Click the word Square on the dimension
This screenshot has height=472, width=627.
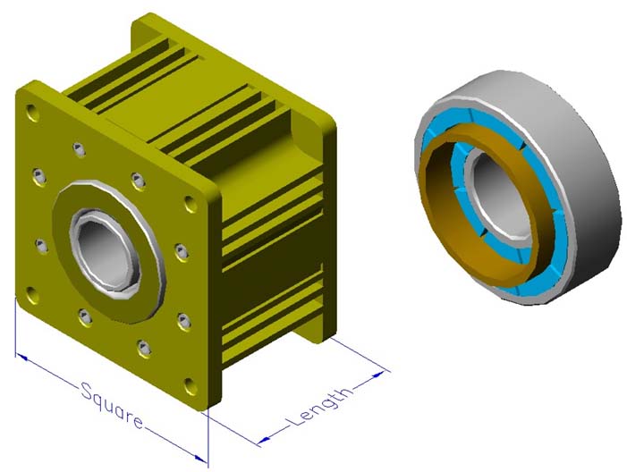click(x=112, y=405)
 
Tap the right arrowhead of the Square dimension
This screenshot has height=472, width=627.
click(x=201, y=459)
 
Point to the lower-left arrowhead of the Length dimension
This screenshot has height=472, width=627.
click(x=263, y=441)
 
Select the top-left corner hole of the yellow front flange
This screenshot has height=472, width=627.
click(x=32, y=113)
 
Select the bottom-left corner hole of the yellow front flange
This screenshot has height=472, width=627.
click(x=32, y=295)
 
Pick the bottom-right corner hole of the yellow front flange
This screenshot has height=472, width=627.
click(x=191, y=386)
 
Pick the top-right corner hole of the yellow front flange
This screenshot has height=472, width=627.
click(x=191, y=204)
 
